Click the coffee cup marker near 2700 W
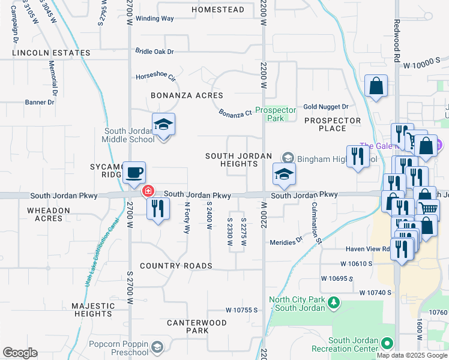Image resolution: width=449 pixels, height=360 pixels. (x=134, y=172)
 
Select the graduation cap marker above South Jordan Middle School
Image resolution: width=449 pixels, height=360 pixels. (x=163, y=125)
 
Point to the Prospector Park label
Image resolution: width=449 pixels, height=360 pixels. (x=276, y=114)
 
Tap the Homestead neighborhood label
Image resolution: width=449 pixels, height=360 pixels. (x=217, y=10)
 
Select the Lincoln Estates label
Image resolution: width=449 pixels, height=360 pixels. (x=51, y=53)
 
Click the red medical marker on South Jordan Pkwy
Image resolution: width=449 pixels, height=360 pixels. (x=147, y=192)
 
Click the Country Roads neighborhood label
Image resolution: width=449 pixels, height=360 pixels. (x=176, y=266)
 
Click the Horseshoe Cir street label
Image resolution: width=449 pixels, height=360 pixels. (x=155, y=77)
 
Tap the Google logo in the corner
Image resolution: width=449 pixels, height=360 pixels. (x=20, y=353)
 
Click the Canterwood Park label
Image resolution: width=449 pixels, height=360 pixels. (x=197, y=326)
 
